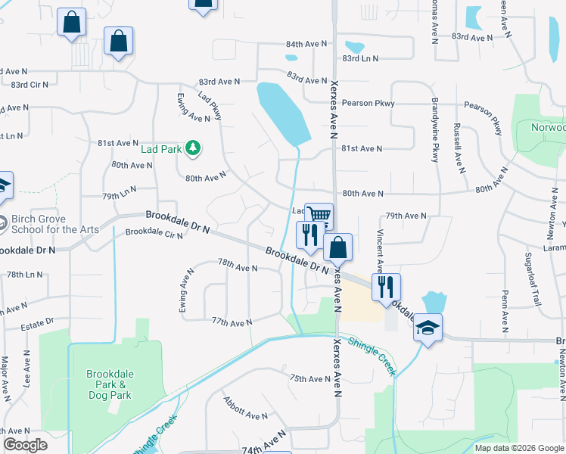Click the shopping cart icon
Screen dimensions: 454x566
[x=319, y=216]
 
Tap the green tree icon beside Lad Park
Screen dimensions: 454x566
[x=193, y=148]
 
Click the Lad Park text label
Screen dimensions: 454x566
[x=161, y=149]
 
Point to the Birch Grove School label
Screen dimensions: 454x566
[x=54, y=225]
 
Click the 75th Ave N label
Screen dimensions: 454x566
[x=310, y=378]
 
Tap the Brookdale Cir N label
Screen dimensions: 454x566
[x=154, y=234]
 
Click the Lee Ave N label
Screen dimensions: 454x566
[x=26, y=369]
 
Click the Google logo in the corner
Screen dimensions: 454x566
[x=25, y=445]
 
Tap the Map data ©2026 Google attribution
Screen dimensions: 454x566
[x=519, y=448]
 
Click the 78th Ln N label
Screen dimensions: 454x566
[x=24, y=275]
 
